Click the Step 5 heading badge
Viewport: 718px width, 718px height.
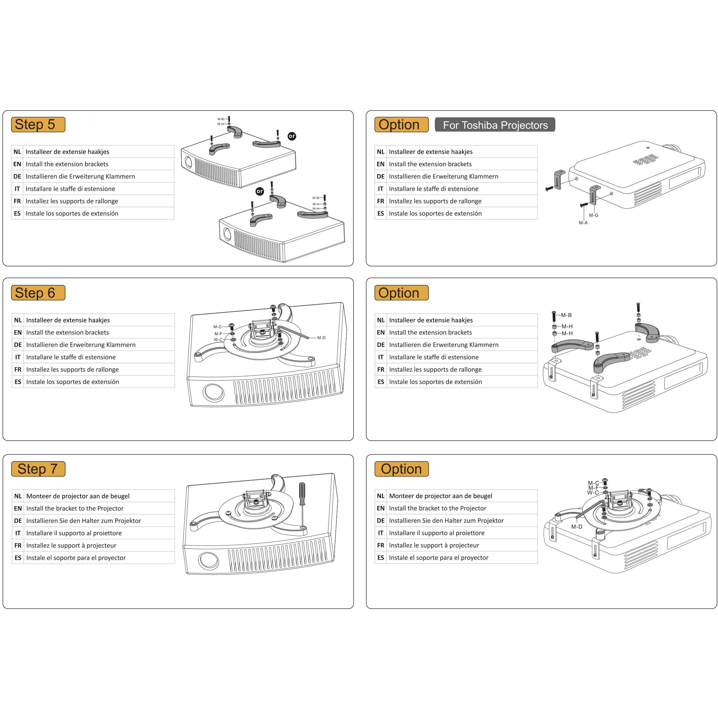(38, 124)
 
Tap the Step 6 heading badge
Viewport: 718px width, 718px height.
(38, 293)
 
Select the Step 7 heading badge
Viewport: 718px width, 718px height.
(38, 469)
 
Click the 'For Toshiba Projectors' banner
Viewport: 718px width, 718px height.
(495, 125)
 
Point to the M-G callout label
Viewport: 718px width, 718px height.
(594, 215)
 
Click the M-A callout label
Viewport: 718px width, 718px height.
(583, 223)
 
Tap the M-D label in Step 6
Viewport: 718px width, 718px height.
(322, 338)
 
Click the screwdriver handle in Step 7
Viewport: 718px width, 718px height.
(302, 493)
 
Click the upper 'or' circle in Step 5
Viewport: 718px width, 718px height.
(292, 136)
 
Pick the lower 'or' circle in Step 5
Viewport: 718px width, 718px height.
(260, 191)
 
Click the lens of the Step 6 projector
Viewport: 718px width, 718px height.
(214, 392)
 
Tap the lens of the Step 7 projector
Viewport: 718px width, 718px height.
(209, 560)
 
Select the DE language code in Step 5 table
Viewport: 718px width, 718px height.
(17, 177)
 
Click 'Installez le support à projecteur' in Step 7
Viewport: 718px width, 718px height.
(71, 546)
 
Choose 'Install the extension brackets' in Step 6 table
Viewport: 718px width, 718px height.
(67, 333)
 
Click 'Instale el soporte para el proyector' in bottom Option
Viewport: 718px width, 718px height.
(438, 558)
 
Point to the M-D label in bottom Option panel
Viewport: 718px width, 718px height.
(576, 527)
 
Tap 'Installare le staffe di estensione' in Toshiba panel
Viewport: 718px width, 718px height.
(433, 189)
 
